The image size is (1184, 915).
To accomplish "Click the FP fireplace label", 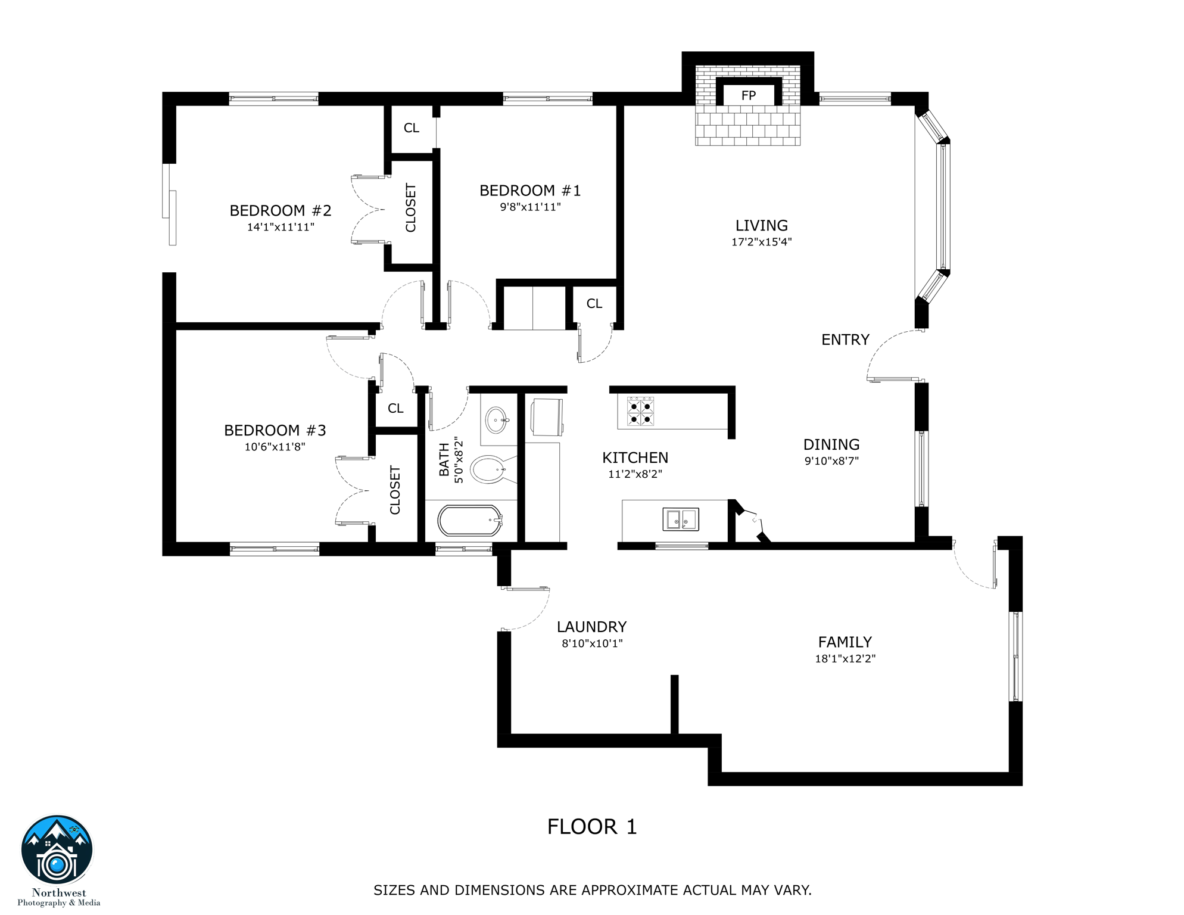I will click(x=749, y=96).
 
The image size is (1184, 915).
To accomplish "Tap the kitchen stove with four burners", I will click(x=640, y=412).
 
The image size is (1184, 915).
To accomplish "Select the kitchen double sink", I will click(x=681, y=519).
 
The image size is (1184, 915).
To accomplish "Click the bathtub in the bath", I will click(x=470, y=521).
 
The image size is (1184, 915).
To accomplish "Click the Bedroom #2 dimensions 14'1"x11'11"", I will click(x=281, y=227).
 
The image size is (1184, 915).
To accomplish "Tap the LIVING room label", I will click(x=761, y=226).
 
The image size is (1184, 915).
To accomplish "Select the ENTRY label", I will click(x=845, y=340).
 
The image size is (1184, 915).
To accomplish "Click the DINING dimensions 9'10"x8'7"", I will click(x=831, y=460).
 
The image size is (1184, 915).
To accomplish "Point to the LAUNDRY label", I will click(x=591, y=627).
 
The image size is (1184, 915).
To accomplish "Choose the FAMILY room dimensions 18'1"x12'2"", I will click(x=845, y=658).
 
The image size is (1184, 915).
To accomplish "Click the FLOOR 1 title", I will click(x=592, y=827).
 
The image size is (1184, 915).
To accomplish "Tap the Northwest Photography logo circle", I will click(x=57, y=851).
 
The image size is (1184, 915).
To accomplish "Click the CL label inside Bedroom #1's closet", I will click(x=412, y=128).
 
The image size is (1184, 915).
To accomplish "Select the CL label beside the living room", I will click(x=594, y=304).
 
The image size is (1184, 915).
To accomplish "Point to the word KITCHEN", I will click(x=635, y=457).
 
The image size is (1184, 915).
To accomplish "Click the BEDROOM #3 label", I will click(x=275, y=430).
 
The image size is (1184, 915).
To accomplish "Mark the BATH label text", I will click(x=444, y=459).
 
